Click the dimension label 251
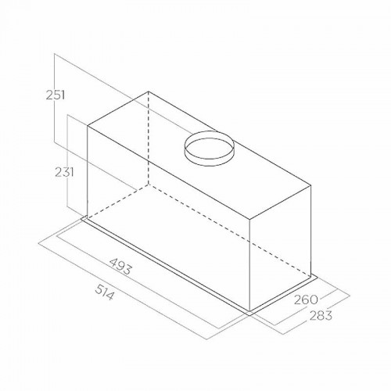[x=56, y=95]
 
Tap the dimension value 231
[x=64, y=172]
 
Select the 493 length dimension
[x=120, y=267]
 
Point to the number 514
[x=104, y=292]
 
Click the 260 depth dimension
[x=306, y=300]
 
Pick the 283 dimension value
[x=321, y=316]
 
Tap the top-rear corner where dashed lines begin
[x=149, y=91]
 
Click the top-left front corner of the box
[x=88, y=126]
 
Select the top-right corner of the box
[x=311, y=185]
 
